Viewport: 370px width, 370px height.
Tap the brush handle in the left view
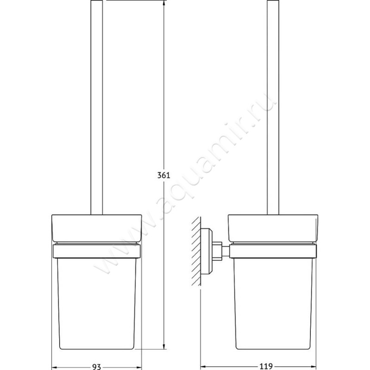click(97, 106)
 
